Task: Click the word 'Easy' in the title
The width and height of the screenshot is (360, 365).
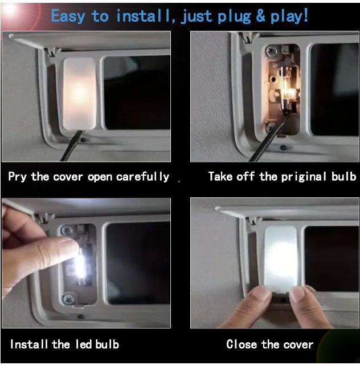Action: pyautogui.click(x=68, y=17)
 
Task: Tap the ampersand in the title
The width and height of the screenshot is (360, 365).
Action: pyautogui.click(x=260, y=15)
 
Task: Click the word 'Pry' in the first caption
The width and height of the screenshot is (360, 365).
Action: pyautogui.click(x=17, y=177)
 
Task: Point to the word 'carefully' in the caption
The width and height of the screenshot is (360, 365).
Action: pyautogui.click(x=142, y=177)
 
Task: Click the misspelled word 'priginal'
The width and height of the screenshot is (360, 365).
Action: pyautogui.click(x=304, y=177)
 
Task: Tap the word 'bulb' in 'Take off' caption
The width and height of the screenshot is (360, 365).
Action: pyautogui.click(x=343, y=176)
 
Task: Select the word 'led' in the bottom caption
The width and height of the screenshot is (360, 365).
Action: pyautogui.click(x=84, y=344)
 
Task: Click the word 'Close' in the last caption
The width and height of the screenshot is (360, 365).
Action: pyautogui.click(x=242, y=344)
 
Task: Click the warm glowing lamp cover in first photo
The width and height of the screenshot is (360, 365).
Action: pyautogui.click(x=80, y=94)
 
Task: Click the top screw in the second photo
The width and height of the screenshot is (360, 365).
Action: pyautogui.click(x=271, y=50)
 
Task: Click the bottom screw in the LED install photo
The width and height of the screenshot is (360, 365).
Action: pyautogui.click(x=68, y=299)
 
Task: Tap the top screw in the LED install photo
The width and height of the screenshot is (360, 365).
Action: pyautogui.click(x=67, y=230)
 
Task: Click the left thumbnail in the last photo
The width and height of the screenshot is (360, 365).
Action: pyautogui.click(x=261, y=293)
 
